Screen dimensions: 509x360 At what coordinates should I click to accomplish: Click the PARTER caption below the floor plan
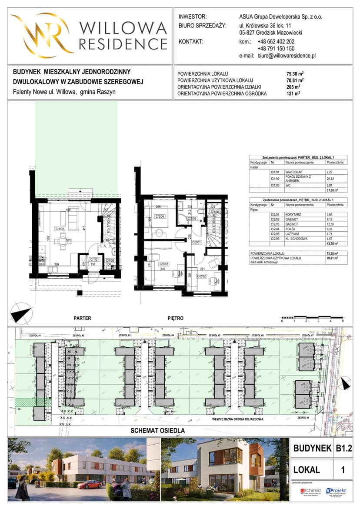[x=82, y=318]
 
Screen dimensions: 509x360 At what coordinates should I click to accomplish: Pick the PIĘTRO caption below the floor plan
[x=176, y=318]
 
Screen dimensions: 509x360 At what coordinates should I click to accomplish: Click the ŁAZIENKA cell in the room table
[x=293, y=233]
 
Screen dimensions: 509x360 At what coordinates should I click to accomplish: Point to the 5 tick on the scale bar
[x=343, y=321]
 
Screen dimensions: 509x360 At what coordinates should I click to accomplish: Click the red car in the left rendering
[x=90, y=484]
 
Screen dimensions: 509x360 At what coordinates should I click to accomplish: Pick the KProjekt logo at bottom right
[x=336, y=491]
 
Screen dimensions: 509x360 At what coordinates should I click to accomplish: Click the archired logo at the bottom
[x=310, y=491]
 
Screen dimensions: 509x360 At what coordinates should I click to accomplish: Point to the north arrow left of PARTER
[x=21, y=314]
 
